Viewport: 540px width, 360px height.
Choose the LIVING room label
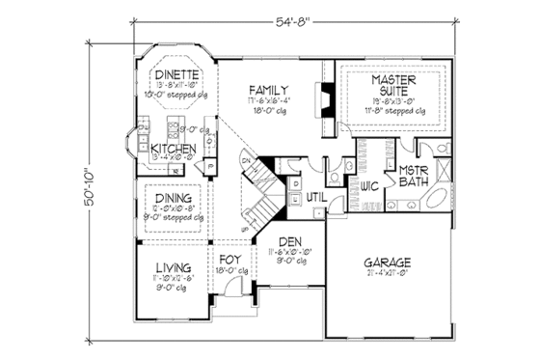pyautogui.click(x=170, y=266)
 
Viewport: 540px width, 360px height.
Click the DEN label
pyautogui.click(x=289, y=242)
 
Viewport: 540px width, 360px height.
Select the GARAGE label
pyautogui.click(x=389, y=263)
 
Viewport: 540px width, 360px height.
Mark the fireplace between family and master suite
pyautogui.click(x=329, y=99)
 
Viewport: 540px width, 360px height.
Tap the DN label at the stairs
pyautogui.click(x=247, y=160)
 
